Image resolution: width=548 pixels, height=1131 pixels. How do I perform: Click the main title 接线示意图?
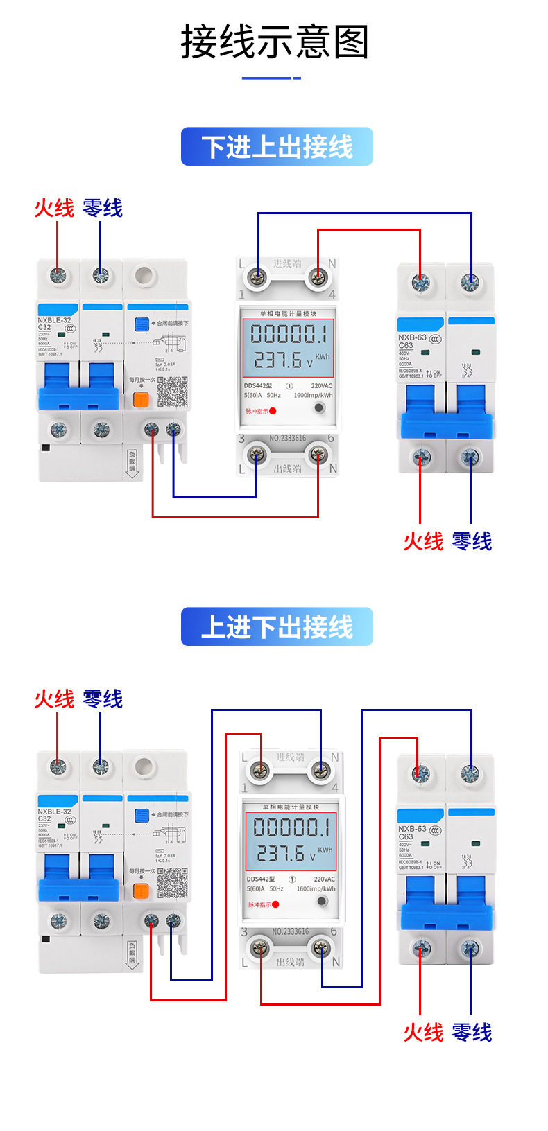click(x=275, y=42)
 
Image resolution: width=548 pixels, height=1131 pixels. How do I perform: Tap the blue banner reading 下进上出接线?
click(x=277, y=147)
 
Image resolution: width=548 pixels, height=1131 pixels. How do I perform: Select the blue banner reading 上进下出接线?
click(x=277, y=627)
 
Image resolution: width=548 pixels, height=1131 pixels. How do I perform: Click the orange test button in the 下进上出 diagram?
click(x=141, y=400)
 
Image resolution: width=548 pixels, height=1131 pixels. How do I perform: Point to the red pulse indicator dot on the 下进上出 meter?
click(x=273, y=412)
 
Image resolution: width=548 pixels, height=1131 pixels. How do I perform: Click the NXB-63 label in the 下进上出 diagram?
click(x=412, y=337)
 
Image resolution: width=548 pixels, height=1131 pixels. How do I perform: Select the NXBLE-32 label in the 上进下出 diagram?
click(x=54, y=812)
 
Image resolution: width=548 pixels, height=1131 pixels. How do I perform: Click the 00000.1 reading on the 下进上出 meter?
click(x=288, y=335)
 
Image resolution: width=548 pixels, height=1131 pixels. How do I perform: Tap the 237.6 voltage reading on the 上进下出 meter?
click(x=281, y=854)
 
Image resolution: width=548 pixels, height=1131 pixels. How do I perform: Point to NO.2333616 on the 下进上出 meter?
click(x=287, y=439)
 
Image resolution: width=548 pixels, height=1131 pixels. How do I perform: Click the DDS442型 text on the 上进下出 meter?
click(x=261, y=879)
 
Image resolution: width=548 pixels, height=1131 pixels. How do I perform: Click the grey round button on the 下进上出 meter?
click(x=319, y=407)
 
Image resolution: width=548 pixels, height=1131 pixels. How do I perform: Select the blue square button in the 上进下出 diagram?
click(x=142, y=815)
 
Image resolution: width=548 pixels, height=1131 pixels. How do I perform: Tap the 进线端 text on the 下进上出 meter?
click(x=287, y=264)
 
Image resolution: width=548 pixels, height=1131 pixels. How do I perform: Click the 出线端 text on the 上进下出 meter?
click(x=290, y=962)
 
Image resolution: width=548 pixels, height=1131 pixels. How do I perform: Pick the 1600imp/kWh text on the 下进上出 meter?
click(x=313, y=396)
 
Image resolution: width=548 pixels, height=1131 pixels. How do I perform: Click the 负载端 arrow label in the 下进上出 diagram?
click(x=132, y=463)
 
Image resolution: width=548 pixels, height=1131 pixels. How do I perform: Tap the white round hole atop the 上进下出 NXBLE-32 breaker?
click(x=144, y=766)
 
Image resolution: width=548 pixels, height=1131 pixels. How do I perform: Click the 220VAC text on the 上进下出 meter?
click(x=324, y=879)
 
